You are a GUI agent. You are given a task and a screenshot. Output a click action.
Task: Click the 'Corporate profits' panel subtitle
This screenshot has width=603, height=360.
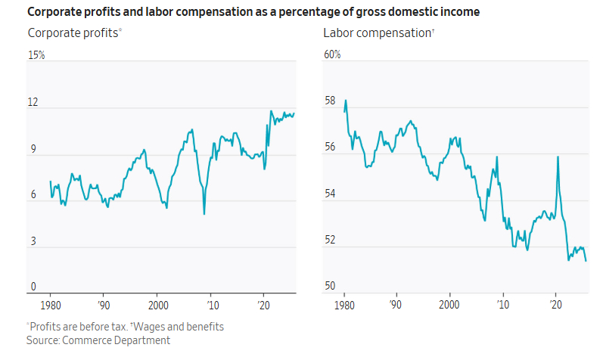pos(73,33)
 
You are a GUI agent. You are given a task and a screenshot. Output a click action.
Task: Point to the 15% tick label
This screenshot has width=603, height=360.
pos(36,55)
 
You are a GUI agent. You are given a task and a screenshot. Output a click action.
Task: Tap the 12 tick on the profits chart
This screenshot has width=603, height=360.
pos(33,102)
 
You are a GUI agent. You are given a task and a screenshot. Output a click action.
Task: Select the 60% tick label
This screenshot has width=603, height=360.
pos(332,55)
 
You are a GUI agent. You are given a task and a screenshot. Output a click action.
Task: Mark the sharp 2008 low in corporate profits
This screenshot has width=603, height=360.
pos(204,214)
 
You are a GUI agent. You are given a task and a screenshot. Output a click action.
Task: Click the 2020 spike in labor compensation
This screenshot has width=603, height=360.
pos(558,157)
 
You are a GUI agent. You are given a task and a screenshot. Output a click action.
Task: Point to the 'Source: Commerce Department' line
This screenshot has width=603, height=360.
pos(98,340)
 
